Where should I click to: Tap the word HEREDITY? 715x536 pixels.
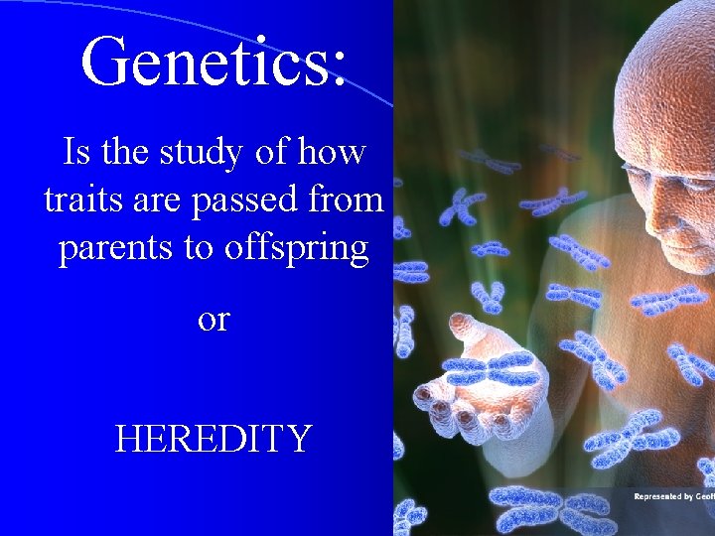214,438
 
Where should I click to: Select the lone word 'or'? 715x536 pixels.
214,319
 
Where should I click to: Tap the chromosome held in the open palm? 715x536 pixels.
491,369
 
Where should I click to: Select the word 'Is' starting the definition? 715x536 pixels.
74,153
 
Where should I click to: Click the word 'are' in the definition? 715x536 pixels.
159,201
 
